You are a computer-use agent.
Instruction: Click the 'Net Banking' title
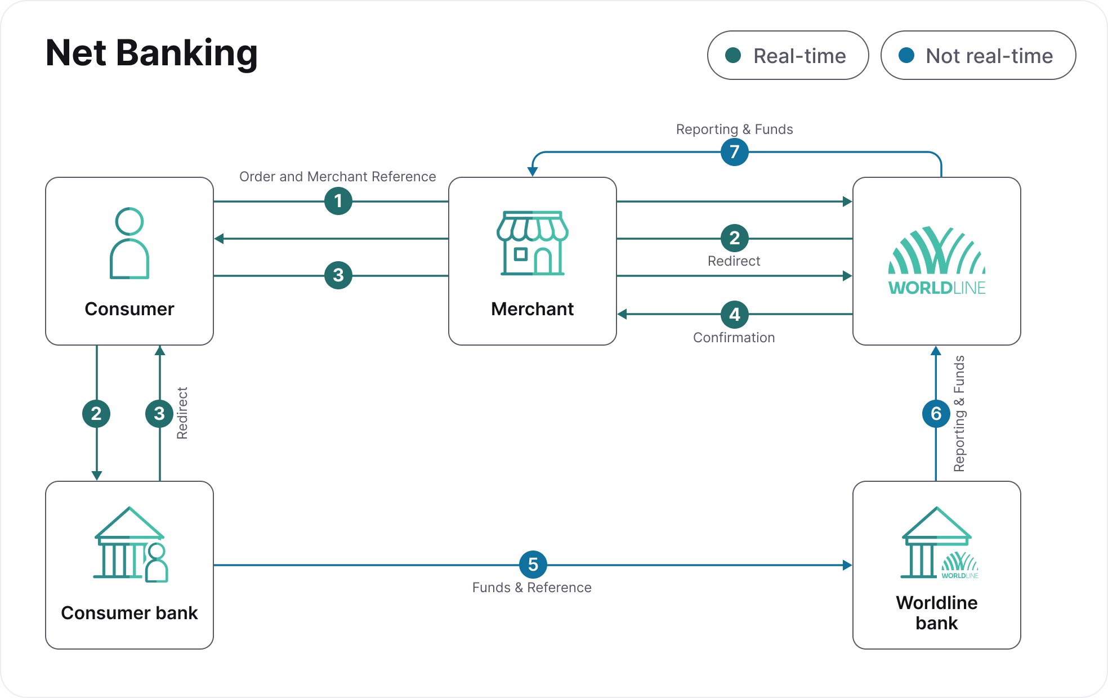point(151,53)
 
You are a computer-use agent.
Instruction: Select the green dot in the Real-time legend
point(733,55)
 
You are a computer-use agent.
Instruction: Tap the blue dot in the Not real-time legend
point(906,55)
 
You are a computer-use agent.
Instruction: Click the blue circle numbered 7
point(734,152)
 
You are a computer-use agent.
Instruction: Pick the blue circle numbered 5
point(533,565)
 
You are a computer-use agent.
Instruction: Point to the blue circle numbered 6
point(936,414)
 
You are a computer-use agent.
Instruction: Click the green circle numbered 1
point(338,201)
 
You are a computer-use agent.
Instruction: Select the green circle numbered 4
point(734,314)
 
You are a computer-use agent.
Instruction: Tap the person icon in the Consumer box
point(129,243)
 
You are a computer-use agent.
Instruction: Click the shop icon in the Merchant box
point(532,243)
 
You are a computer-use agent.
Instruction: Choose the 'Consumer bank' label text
point(129,612)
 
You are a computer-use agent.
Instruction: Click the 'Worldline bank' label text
point(936,612)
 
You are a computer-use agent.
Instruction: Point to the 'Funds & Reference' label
point(531,588)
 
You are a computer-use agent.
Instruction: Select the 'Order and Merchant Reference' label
point(337,177)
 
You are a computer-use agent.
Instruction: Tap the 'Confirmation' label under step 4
point(734,338)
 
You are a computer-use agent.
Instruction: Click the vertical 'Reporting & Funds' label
point(959,414)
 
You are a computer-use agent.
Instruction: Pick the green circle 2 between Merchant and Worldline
point(734,238)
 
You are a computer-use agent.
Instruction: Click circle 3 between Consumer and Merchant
point(338,275)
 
